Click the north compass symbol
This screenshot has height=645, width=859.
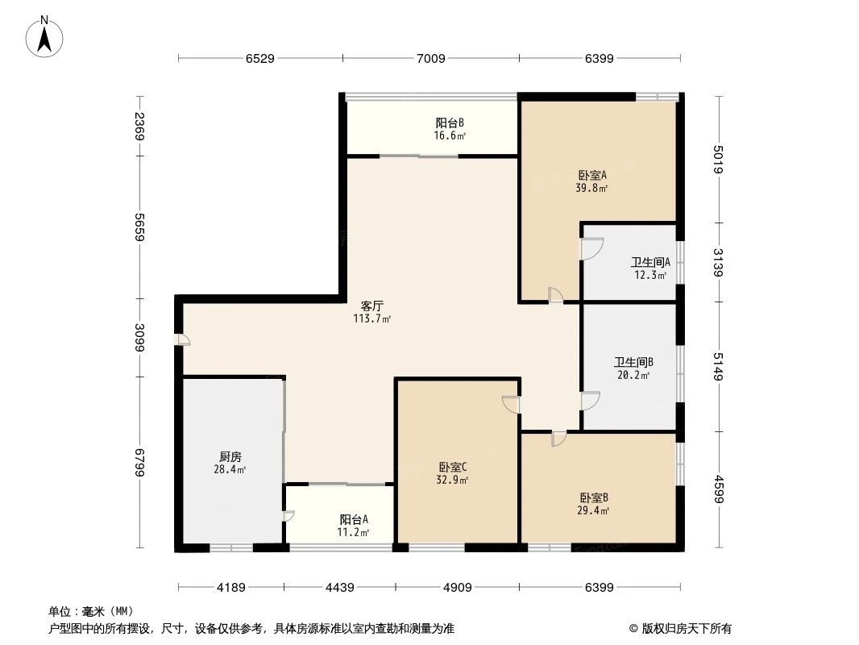click(45, 35)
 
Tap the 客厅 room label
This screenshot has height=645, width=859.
click(371, 306)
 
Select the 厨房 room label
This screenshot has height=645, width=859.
click(230, 456)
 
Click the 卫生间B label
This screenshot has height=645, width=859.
click(633, 362)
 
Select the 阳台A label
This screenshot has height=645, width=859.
click(354, 519)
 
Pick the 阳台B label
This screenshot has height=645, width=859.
click(450, 123)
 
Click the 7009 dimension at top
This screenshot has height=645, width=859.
click(431, 58)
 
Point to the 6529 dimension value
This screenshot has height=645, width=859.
click(260, 58)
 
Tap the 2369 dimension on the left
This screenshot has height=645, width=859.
click(140, 127)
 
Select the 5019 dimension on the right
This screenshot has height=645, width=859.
click(719, 158)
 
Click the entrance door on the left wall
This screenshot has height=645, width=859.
click(184, 339)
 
